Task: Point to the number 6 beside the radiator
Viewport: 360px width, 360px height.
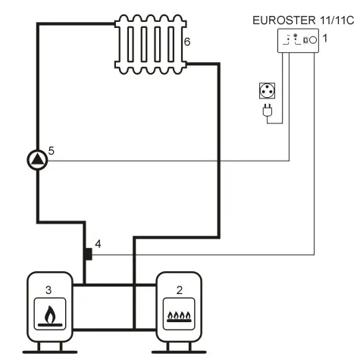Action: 187,42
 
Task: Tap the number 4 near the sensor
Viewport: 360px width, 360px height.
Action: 97,245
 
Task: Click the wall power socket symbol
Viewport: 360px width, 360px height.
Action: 267,91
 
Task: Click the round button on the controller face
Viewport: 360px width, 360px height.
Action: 312,39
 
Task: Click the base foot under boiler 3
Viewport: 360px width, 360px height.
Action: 50,349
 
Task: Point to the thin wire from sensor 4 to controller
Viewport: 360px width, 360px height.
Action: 205,255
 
